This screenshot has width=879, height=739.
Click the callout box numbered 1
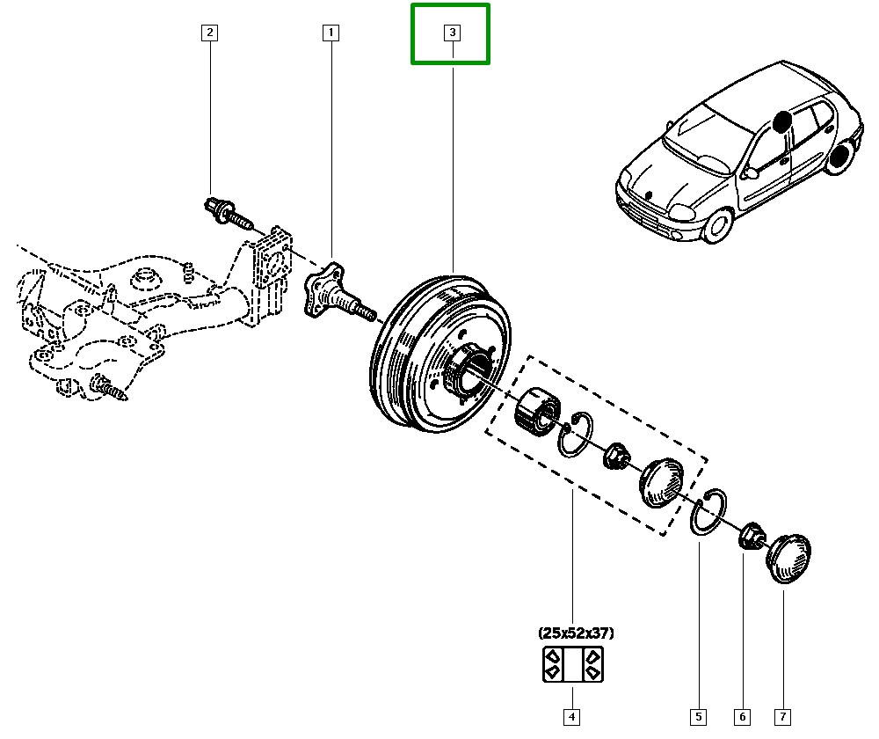point(331,34)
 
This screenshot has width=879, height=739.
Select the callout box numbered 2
point(209,34)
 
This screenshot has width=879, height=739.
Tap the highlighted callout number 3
point(451,34)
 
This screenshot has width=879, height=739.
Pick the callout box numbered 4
point(571,717)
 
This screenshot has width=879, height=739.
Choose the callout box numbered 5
point(699,717)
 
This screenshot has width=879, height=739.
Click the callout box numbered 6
point(740,717)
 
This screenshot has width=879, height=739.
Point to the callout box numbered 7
point(781,717)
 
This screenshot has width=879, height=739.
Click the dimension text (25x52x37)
point(576,633)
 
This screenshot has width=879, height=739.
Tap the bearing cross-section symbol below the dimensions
point(571,664)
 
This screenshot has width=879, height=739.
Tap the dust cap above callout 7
point(790,554)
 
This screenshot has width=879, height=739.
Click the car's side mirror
point(751,173)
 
